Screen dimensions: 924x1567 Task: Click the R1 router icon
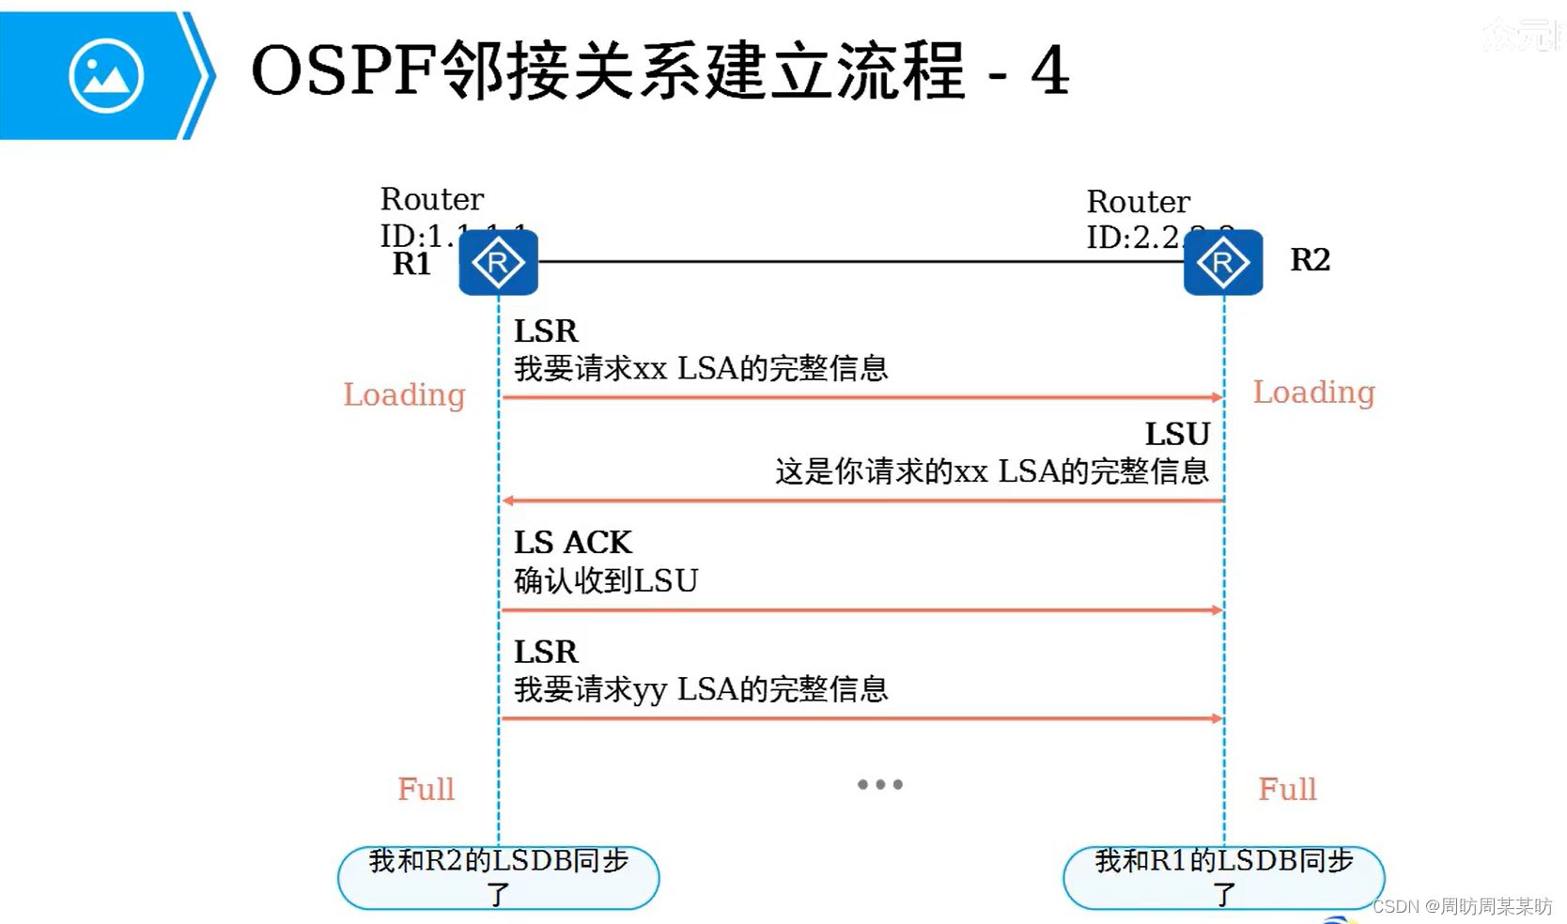click(498, 263)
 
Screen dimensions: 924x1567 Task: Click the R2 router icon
click(1222, 263)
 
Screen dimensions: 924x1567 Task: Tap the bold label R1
click(411, 264)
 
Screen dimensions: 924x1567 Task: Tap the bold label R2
click(1310, 259)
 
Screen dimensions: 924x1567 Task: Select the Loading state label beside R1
click(404, 394)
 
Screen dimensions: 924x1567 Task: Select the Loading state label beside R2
click(1313, 392)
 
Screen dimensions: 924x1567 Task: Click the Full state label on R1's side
click(426, 789)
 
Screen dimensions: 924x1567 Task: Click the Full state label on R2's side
click(1287, 789)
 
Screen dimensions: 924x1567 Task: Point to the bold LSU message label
click(1177, 434)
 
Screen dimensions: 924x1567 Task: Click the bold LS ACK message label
click(572, 543)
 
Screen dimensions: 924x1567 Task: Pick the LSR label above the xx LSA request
click(546, 331)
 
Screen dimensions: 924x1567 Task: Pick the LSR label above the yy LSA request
click(546, 652)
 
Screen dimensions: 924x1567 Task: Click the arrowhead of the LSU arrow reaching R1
click(508, 500)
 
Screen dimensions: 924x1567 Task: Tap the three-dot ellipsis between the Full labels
click(879, 784)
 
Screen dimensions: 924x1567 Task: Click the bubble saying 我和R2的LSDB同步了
click(498, 877)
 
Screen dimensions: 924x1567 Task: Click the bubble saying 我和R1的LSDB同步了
click(1223, 877)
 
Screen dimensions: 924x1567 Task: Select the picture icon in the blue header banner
click(105, 76)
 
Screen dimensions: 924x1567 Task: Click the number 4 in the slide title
click(1049, 71)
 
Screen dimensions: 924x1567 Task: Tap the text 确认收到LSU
click(606, 581)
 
